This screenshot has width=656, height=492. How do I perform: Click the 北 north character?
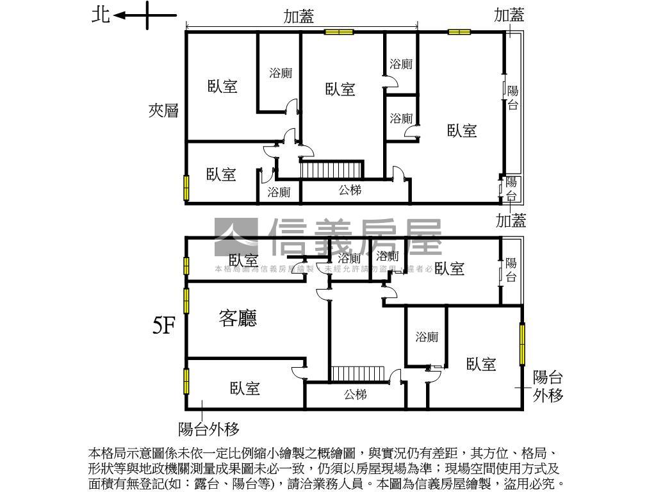pos(101,15)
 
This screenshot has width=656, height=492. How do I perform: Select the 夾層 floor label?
pos(163,111)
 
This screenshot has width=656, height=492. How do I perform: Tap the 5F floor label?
pos(164,327)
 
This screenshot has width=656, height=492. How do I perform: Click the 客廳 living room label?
pos(238,318)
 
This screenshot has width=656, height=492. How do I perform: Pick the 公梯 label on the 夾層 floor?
pos(350,190)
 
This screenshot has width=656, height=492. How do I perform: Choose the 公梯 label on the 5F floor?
pos(355,394)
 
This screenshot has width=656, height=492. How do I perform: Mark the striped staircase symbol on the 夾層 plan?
pos(331,170)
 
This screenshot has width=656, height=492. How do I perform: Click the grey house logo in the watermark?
pos(236,238)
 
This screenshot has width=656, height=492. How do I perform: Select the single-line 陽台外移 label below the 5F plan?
pos(209,429)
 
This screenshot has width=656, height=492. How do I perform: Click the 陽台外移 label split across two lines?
pos(548,386)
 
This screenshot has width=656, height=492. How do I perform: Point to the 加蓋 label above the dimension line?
pos(299,17)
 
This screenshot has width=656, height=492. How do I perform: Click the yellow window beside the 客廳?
pos(186,300)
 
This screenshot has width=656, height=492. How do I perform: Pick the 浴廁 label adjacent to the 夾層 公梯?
pos(279,192)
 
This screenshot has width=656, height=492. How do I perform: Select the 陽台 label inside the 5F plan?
pos(511,270)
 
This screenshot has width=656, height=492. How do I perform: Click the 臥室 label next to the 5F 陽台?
pos(449,268)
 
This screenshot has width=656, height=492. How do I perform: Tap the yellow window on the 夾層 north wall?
pos(187,187)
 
